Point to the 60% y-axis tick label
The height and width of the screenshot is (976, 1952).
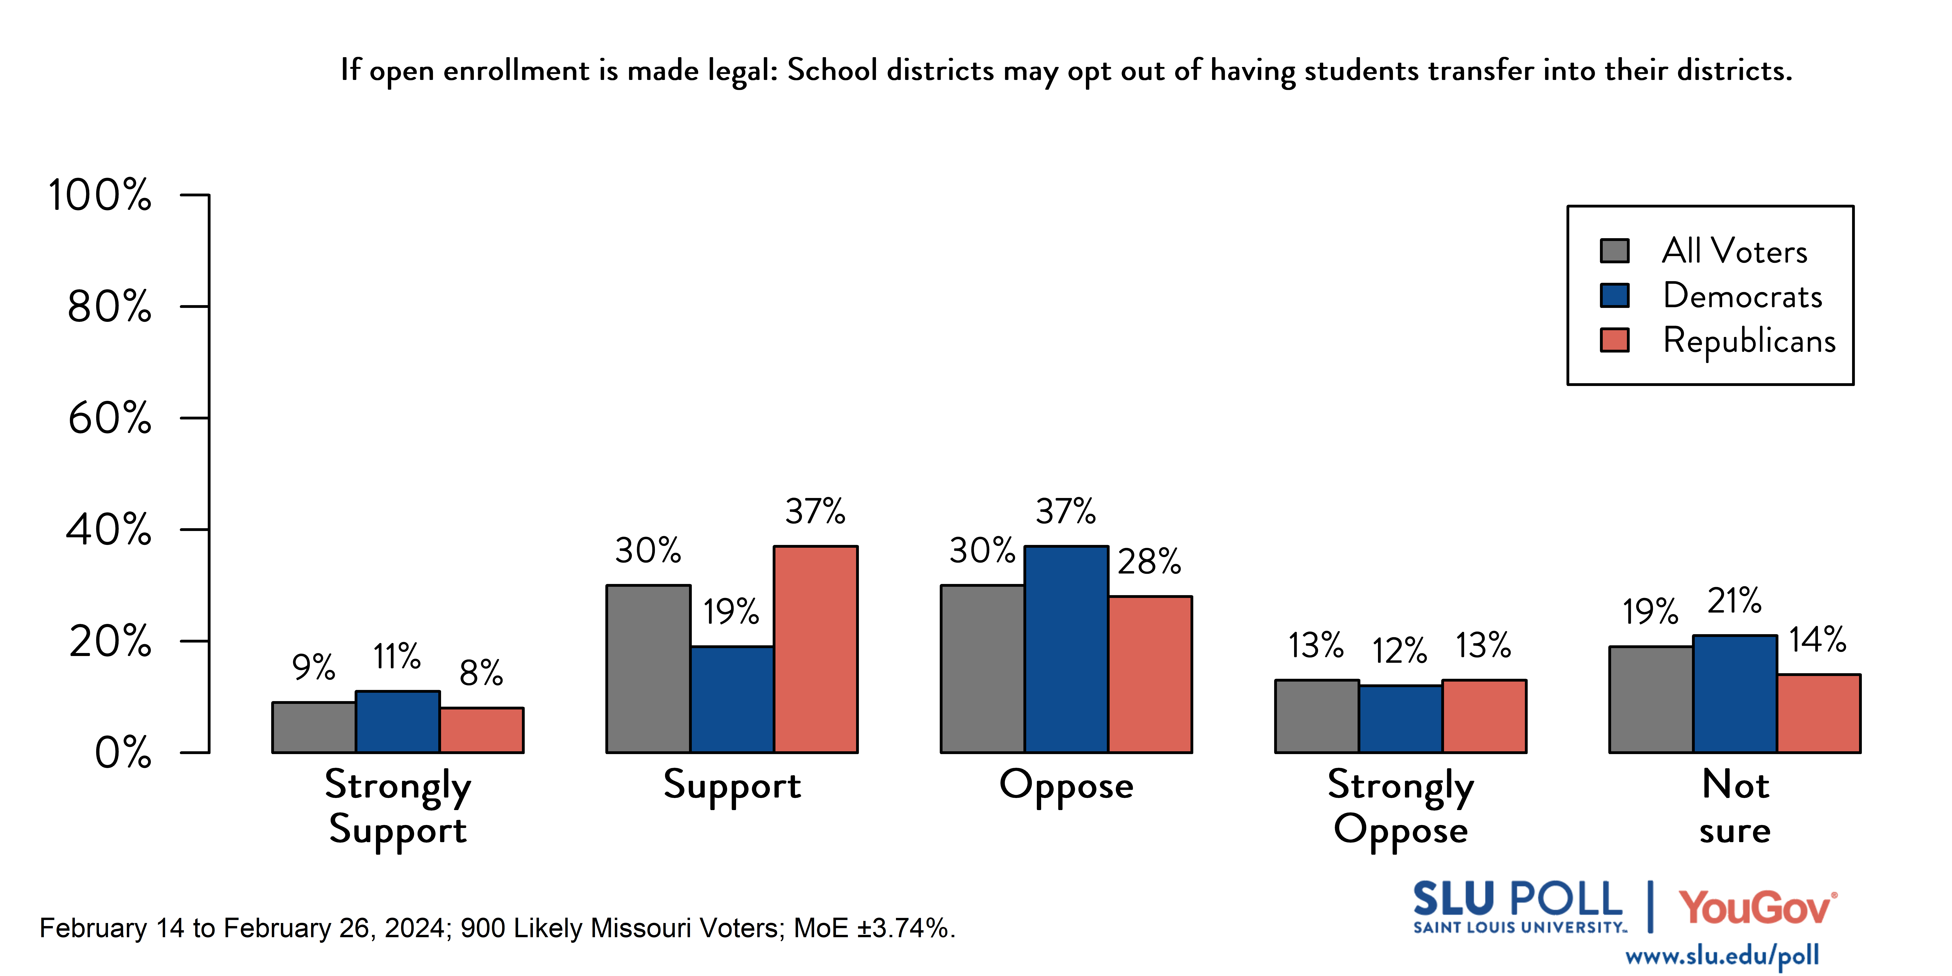[110, 418]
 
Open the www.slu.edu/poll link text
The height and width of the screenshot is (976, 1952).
[1722, 956]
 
